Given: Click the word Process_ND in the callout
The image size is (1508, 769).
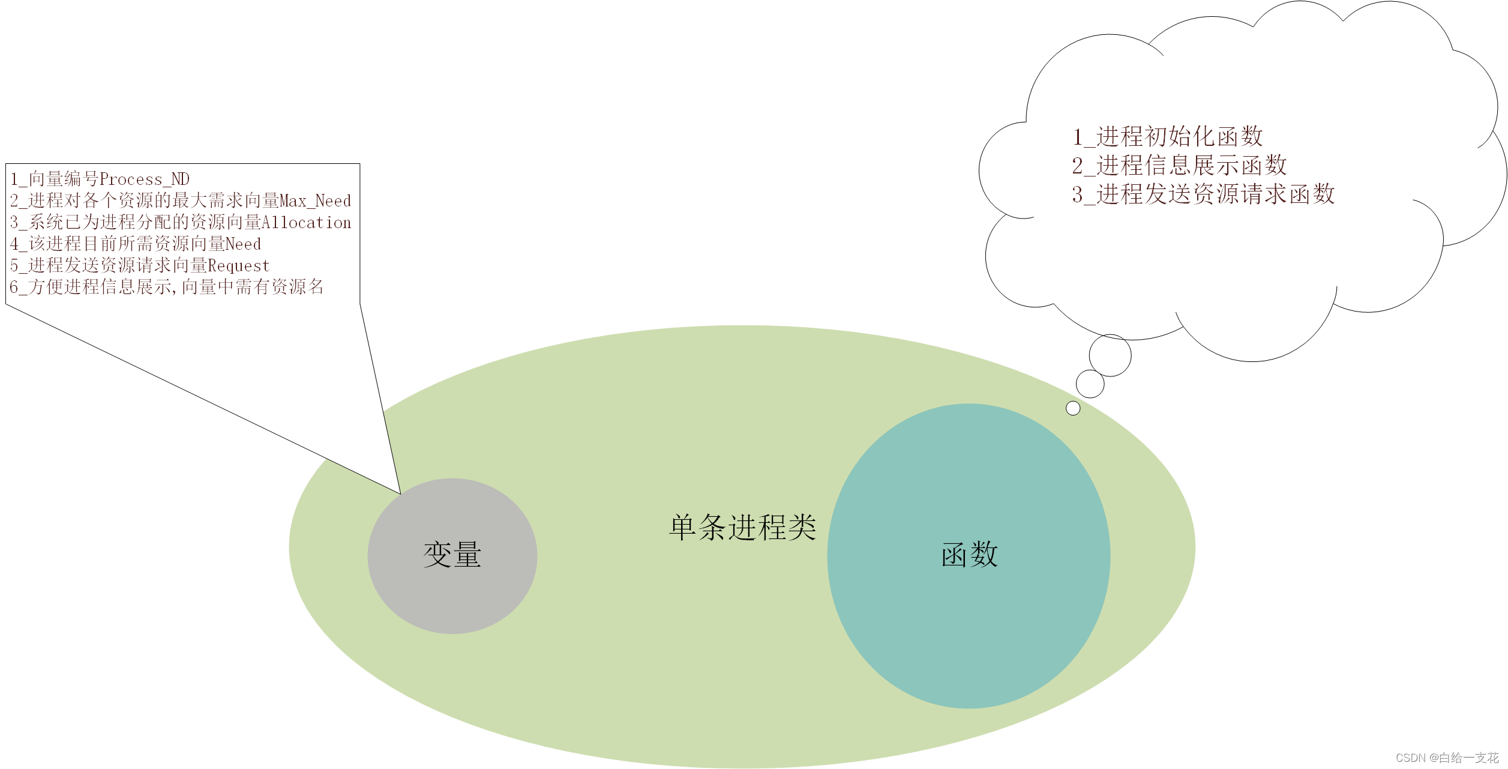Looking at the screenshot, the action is pos(144,179).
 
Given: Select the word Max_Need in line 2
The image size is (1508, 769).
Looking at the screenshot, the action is pos(315,201).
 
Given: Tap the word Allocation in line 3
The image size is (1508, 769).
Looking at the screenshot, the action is pos(306,222).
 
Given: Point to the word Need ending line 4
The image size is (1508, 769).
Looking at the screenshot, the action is pos(243,244).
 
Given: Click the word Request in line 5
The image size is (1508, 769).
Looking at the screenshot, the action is pos(238,265).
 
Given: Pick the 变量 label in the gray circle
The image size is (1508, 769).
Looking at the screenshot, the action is pos(452,554).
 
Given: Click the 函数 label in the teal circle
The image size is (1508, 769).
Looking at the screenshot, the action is pos(969,554).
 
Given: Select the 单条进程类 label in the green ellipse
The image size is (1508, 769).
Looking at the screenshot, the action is pos(742,527).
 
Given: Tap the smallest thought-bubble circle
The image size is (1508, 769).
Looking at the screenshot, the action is pos(1073,408).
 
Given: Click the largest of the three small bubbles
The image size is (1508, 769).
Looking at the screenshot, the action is pos(1110,355).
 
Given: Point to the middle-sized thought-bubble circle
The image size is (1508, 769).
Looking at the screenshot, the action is pos(1090,384).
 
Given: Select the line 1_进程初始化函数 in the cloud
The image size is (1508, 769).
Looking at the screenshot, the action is pos(1167,137).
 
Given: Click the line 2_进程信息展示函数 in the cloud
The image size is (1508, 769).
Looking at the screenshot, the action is pos(1179,165).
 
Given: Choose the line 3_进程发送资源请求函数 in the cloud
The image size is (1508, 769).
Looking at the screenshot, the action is pos(1203,194).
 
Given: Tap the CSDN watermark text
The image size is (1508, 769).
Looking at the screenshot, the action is pos(1447,758).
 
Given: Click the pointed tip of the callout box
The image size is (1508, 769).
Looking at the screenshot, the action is pos(400,493).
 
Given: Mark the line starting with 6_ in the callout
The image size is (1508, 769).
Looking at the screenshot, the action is pos(167,287).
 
